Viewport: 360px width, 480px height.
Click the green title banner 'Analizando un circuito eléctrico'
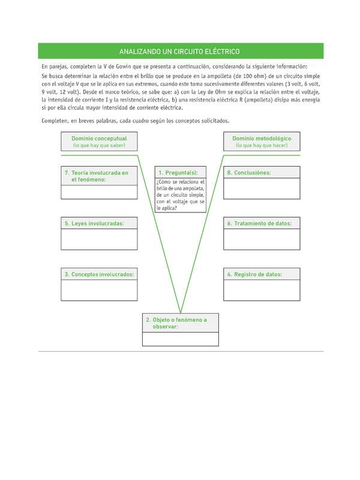179,52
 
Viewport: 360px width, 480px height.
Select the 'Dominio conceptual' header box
99,142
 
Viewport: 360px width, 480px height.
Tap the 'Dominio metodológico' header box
261,142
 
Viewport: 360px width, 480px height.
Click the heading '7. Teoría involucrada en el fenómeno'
99,176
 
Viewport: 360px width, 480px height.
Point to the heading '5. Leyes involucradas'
99,223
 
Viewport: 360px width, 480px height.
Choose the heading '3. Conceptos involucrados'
99,274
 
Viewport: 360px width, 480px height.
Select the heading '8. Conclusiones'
261,173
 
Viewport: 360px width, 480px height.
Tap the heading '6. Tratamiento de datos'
261,223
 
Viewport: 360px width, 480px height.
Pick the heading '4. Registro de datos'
261,274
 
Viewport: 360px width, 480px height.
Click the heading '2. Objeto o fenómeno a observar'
180,323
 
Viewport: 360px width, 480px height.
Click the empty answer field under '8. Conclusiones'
261,188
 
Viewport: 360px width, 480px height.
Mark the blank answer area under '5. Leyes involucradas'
99,239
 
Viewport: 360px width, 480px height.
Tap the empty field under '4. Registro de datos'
261,290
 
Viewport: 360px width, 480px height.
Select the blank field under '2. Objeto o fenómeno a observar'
180,339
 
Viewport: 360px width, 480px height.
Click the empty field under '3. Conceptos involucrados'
99,290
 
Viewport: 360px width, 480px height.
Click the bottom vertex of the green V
180,311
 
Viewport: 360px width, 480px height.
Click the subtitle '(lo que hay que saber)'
99,146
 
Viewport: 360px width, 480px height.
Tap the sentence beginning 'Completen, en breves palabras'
135,121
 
